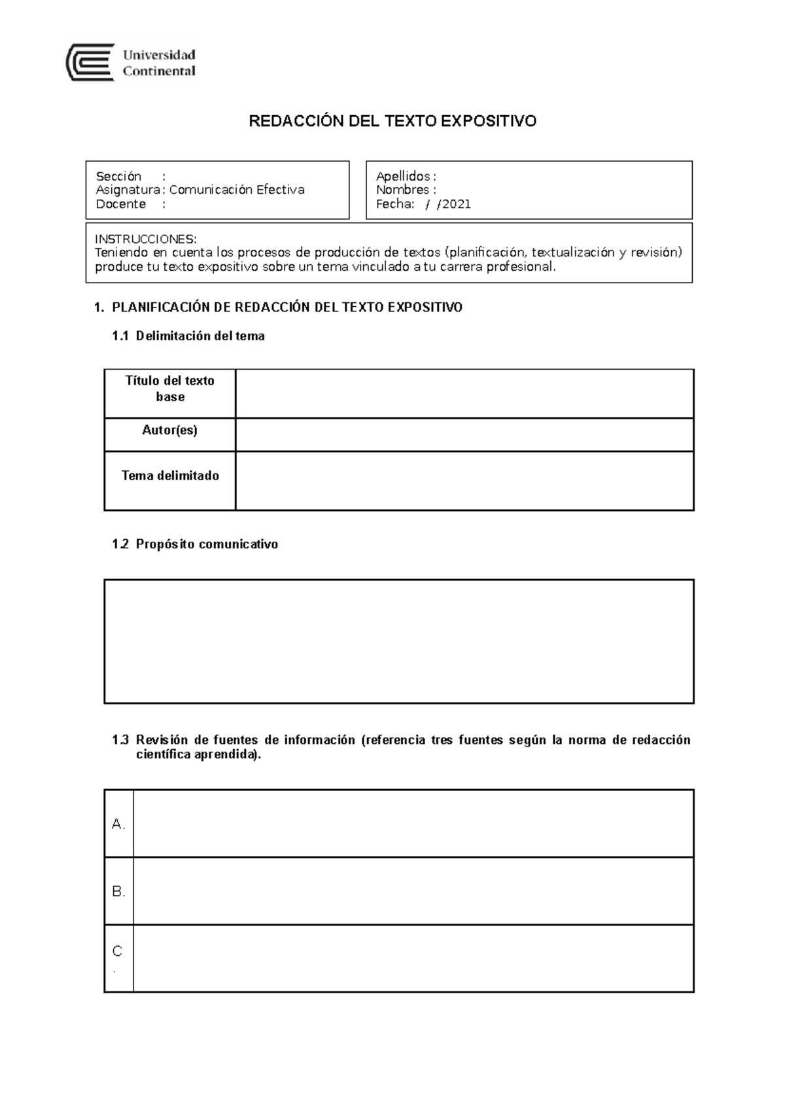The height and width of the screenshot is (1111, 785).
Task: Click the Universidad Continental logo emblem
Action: tap(91, 63)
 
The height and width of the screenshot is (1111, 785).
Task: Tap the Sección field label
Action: tap(118, 176)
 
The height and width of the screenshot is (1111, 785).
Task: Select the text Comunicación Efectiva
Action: tap(237, 190)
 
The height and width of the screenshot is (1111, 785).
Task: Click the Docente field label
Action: tap(121, 204)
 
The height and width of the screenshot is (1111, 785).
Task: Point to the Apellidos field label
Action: tap(403, 176)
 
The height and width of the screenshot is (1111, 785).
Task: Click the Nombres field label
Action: tap(402, 190)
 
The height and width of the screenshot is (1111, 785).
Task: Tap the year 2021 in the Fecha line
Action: tap(457, 204)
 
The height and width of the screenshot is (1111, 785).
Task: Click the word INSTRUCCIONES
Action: tap(144, 238)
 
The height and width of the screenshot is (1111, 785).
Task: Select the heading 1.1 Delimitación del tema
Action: tap(188, 336)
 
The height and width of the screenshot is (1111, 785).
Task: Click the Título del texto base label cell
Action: tap(170, 389)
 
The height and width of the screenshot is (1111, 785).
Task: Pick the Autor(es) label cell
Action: tap(170, 430)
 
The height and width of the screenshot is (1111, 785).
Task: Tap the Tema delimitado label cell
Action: tap(170, 476)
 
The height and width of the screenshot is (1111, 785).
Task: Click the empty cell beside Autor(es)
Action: tap(464, 434)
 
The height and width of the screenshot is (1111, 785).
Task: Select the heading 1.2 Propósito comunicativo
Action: tap(195, 544)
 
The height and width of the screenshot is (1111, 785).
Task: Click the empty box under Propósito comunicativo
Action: tap(399, 641)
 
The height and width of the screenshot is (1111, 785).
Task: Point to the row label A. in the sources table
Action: tap(118, 824)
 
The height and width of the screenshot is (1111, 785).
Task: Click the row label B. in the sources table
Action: tap(118, 892)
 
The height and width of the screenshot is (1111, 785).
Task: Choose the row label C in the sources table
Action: tap(118, 952)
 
